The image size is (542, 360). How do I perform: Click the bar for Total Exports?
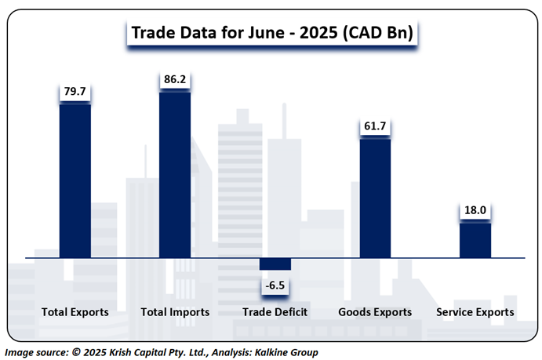tap(75, 180)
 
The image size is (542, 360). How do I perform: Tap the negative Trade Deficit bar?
tap(275, 264)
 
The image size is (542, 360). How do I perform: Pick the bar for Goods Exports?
tap(375, 198)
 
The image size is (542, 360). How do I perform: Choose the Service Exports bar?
tap(475, 240)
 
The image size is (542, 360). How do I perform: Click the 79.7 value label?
tap(75, 93)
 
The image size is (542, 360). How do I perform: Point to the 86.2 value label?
tap(175, 80)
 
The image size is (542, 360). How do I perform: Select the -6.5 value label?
tap(275, 285)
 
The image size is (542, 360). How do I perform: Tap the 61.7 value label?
tap(375, 125)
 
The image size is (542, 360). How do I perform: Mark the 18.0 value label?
tap(475, 211)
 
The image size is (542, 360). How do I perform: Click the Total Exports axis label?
tap(75, 312)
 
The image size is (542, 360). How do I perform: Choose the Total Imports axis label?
tap(175, 312)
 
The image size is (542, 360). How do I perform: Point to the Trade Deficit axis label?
tap(275, 312)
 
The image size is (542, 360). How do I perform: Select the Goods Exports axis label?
tap(375, 312)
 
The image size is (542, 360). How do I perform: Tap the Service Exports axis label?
tap(475, 312)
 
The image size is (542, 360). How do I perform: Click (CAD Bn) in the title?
tap(383, 33)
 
